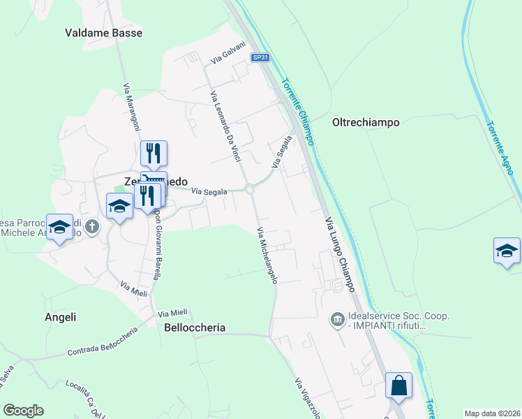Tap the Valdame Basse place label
coord(103,33)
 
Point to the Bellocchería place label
coord(195,328)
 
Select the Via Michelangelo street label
coord(267,256)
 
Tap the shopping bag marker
coord(398,385)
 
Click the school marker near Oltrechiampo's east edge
coord(507,251)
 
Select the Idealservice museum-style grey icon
coord(338,320)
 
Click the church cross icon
coord(94,227)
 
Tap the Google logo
coord(23,411)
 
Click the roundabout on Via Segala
coord(249,189)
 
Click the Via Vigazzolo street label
coord(306,399)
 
